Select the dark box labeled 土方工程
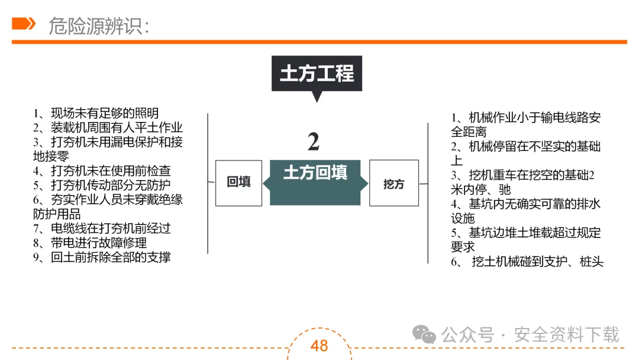tap(317, 73)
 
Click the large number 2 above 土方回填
tap(314, 142)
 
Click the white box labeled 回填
tap(238, 183)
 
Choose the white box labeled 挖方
tap(393, 184)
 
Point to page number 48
tap(319, 346)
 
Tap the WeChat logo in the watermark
tap(424, 335)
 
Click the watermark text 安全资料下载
tap(566, 335)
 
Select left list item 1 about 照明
tap(96, 114)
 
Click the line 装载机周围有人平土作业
tap(108, 128)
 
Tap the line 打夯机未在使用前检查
tap(102, 171)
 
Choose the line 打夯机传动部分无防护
tap(102, 185)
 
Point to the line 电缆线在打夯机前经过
tap(102, 229)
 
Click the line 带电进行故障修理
tap(90, 243)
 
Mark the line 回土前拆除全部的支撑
tap(102, 257)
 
